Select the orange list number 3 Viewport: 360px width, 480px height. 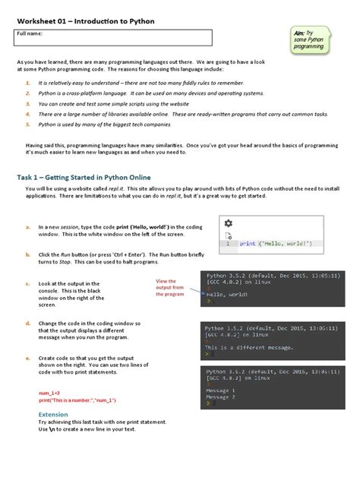point(28,102)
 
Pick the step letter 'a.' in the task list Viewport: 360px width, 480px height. point(28,226)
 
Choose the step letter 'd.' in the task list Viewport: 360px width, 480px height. point(28,324)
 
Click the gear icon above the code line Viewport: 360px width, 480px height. point(228,223)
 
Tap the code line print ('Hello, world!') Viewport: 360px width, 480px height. point(275,244)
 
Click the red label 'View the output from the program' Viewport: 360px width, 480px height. point(169,288)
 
